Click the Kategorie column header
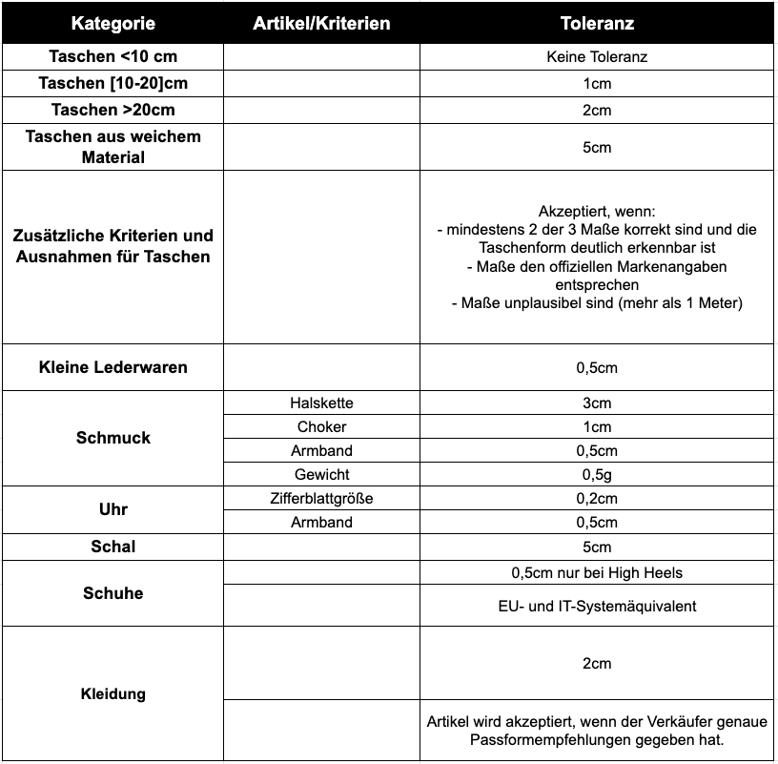click(x=113, y=23)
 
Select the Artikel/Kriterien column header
click(x=321, y=23)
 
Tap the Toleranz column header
click(x=597, y=23)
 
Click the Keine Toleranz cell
click(x=597, y=57)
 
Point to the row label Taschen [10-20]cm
click(x=113, y=83)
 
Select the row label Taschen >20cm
click(x=113, y=110)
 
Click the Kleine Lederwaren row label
click(x=113, y=367)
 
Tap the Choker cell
click(x=322, y=427)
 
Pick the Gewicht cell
click(x=322, y=474)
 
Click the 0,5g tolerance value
click(x=597, y=474)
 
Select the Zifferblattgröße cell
click(x=322, y=498)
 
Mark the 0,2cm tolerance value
click(x=597, y=498)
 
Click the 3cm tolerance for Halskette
click(x=597, y=403)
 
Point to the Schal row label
click(x=113, y=547)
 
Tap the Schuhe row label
click(x=113, y=593)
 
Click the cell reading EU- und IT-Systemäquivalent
click(x=597, y=606)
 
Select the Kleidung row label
click(x=113, y=693)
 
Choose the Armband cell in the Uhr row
click(x=322, y=522)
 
